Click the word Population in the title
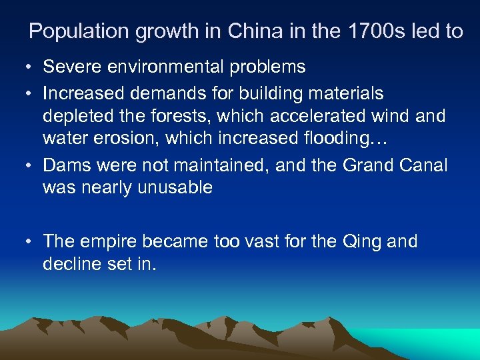75,31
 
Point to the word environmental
171,67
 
